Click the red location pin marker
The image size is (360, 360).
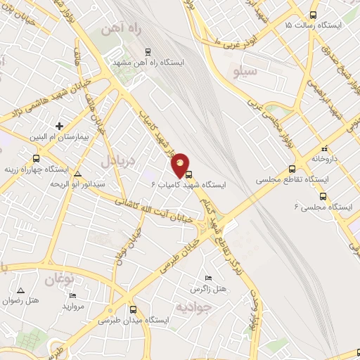pos(181,165)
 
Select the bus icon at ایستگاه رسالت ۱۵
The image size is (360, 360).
pos(313,15)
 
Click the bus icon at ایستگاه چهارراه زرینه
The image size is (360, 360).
pos(36,158)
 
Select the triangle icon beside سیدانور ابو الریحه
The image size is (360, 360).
pos(77,173)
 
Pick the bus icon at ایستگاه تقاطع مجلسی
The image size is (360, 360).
pos(292,169)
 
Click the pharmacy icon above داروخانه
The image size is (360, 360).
pos(325,148)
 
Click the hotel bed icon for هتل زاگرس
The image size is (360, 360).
pos(206,278)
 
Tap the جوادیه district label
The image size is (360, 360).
pos(192,307)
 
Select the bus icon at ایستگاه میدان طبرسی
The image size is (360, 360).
pos(134,309)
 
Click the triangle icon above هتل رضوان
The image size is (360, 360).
pos(21,290)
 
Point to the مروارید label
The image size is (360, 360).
pos(73,307)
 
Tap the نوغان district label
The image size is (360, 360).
pos(59,280)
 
